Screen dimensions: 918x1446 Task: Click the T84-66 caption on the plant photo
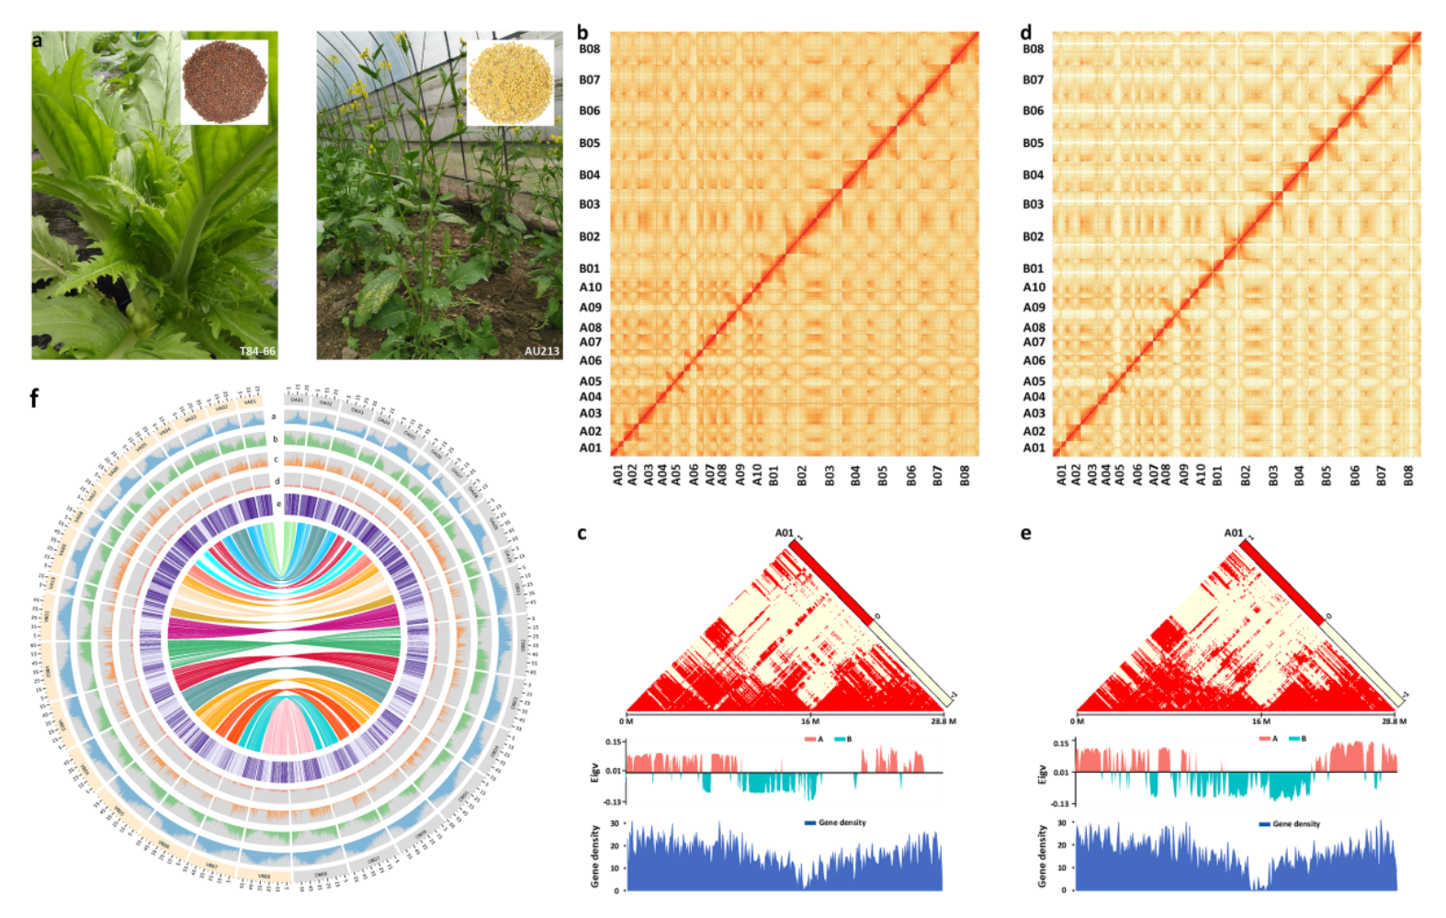point(257,351)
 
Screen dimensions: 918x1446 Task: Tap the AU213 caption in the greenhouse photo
point(541,351)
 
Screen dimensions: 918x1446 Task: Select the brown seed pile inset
point(224,81)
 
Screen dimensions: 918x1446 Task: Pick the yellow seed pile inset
point(510,83)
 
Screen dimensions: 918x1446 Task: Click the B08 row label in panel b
point(589,49)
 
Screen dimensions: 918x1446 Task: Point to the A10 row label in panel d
point(1034,287)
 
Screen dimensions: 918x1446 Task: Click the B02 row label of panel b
point(589,236)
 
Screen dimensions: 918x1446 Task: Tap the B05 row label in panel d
point(1034,142)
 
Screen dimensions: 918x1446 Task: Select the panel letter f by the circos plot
point(35,398)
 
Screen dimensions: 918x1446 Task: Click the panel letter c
point(582,533)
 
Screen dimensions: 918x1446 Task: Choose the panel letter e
point(1026,533)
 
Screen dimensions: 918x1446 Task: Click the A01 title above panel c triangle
point(784,532)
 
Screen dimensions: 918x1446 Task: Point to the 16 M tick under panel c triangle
point(809,721)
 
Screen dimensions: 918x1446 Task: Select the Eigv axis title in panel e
point(1042,774)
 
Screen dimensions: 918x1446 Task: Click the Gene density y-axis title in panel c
point(594,856)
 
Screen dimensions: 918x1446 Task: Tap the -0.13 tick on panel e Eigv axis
point(1059,803)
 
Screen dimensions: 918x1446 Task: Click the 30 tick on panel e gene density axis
point(1062,822)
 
